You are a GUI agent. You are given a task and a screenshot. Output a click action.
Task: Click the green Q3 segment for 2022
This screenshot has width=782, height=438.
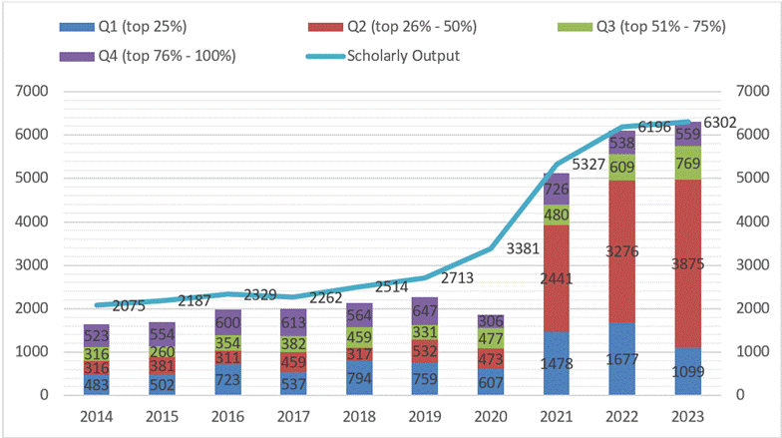point(622,167)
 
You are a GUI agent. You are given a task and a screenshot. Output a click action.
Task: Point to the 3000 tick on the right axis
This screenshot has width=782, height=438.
point(752,265)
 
